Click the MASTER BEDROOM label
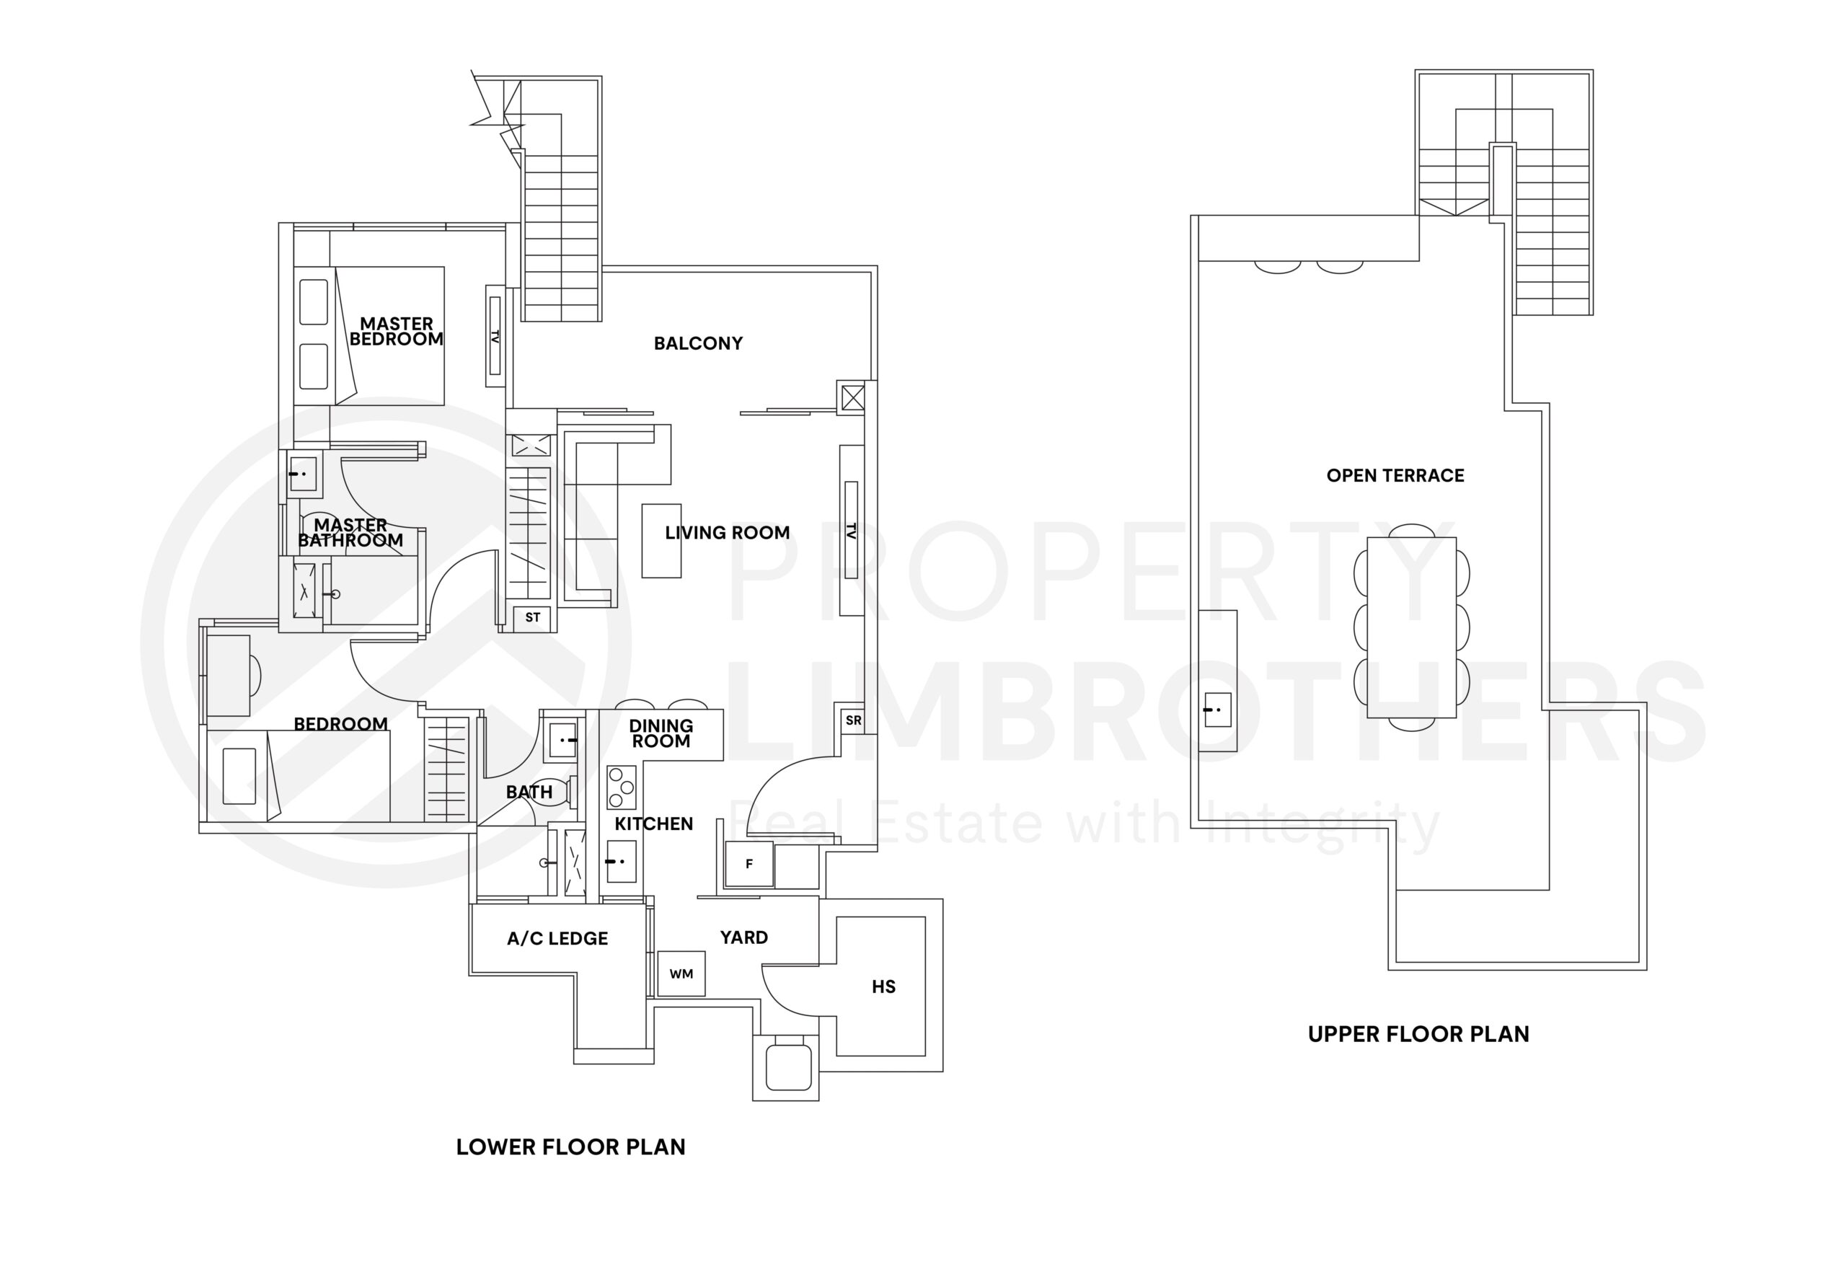click(x=396, y=331)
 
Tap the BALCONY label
click(x=697, y=343)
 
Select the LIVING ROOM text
click(x=727, y=532)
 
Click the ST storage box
click(x=532, y=617)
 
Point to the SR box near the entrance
click(x=852, y=720)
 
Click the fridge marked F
click(x=748, y=864)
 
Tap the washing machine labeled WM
click(x=681, y=973)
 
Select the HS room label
click(x=883, y=986)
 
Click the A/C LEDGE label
click(x=557, y=938)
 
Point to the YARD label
click(x=743, y=937)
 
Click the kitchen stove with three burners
click(x=621, y=787)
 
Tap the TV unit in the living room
click(x=851, y=531)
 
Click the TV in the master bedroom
click(x=495, y=336)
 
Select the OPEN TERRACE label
click(x=1395, y=475)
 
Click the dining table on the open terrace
click(x=1411, y=627)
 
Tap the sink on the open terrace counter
click(x=1217, y=710)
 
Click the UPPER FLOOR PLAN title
click(x=1418, y=1034)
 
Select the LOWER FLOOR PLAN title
click(x=571, y=1147)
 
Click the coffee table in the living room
click(x=661, y=540)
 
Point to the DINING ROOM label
click(x=661, y=733)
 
